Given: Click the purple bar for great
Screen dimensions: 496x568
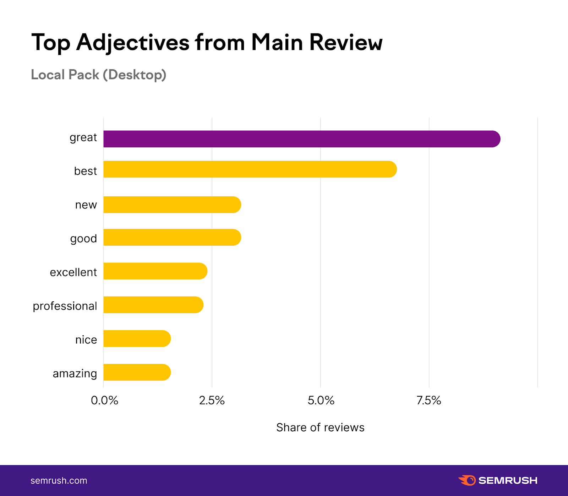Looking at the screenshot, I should pyautogui.click(x=302, y=139).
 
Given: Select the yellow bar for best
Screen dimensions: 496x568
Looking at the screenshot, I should pyautogui.click(x=250, y=169).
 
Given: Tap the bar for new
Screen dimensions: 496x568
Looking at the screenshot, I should pyautogui.click(x=172, y=205).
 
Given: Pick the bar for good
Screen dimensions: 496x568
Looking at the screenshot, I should pyautogui.click(x=172, y=237).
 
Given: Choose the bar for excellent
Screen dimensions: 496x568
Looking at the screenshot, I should pyautogui.click(x=155, y=271).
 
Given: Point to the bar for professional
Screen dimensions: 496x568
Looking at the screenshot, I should pyautogui.click(x=153, y=305).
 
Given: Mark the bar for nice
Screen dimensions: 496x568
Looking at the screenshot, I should pyautogui.click(x=137, y=338).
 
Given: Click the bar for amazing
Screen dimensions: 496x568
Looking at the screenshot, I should pyautogui.click(x=137, y=372).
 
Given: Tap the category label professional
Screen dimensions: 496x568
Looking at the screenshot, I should pyautogui.click(x=65, y=306).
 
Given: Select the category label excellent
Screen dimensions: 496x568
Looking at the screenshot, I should pyautogui.click(x=73, y=272).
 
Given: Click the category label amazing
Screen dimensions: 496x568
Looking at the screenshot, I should pyautogui.click(x=75, y=374).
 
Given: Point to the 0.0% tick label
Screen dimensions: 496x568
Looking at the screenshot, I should pyautogui.click(x=104, y=400).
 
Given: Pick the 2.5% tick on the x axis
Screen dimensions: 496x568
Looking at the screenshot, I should pyautogui.click(x=212, y=400).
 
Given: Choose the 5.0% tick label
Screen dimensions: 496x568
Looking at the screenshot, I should pyautogui.click(x=321, y=400).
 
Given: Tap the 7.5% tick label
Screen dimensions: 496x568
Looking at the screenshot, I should pyautogui.click(x=429, y=400).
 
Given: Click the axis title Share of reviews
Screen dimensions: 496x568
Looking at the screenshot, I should pyautogui.click(x=320, y=427).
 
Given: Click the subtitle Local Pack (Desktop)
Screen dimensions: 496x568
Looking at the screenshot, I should pyautogui.click(x=99, y=75).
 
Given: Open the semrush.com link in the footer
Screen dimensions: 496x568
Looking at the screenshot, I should pyautogui.click(x=59, y=480).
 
